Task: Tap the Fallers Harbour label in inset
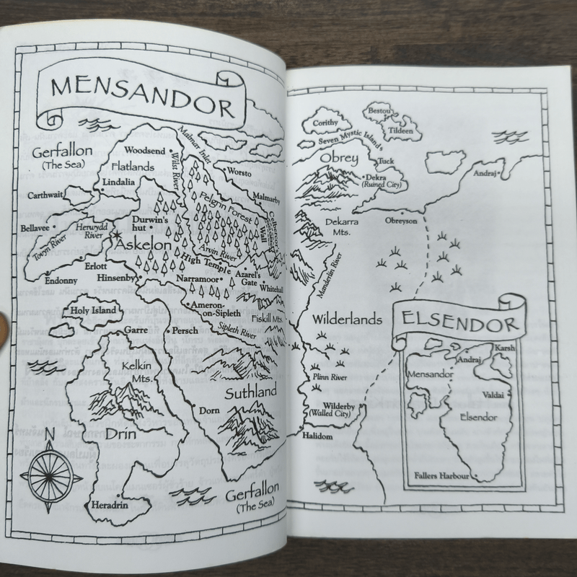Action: click(443, 476)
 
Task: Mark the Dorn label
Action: click(208, 410)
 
